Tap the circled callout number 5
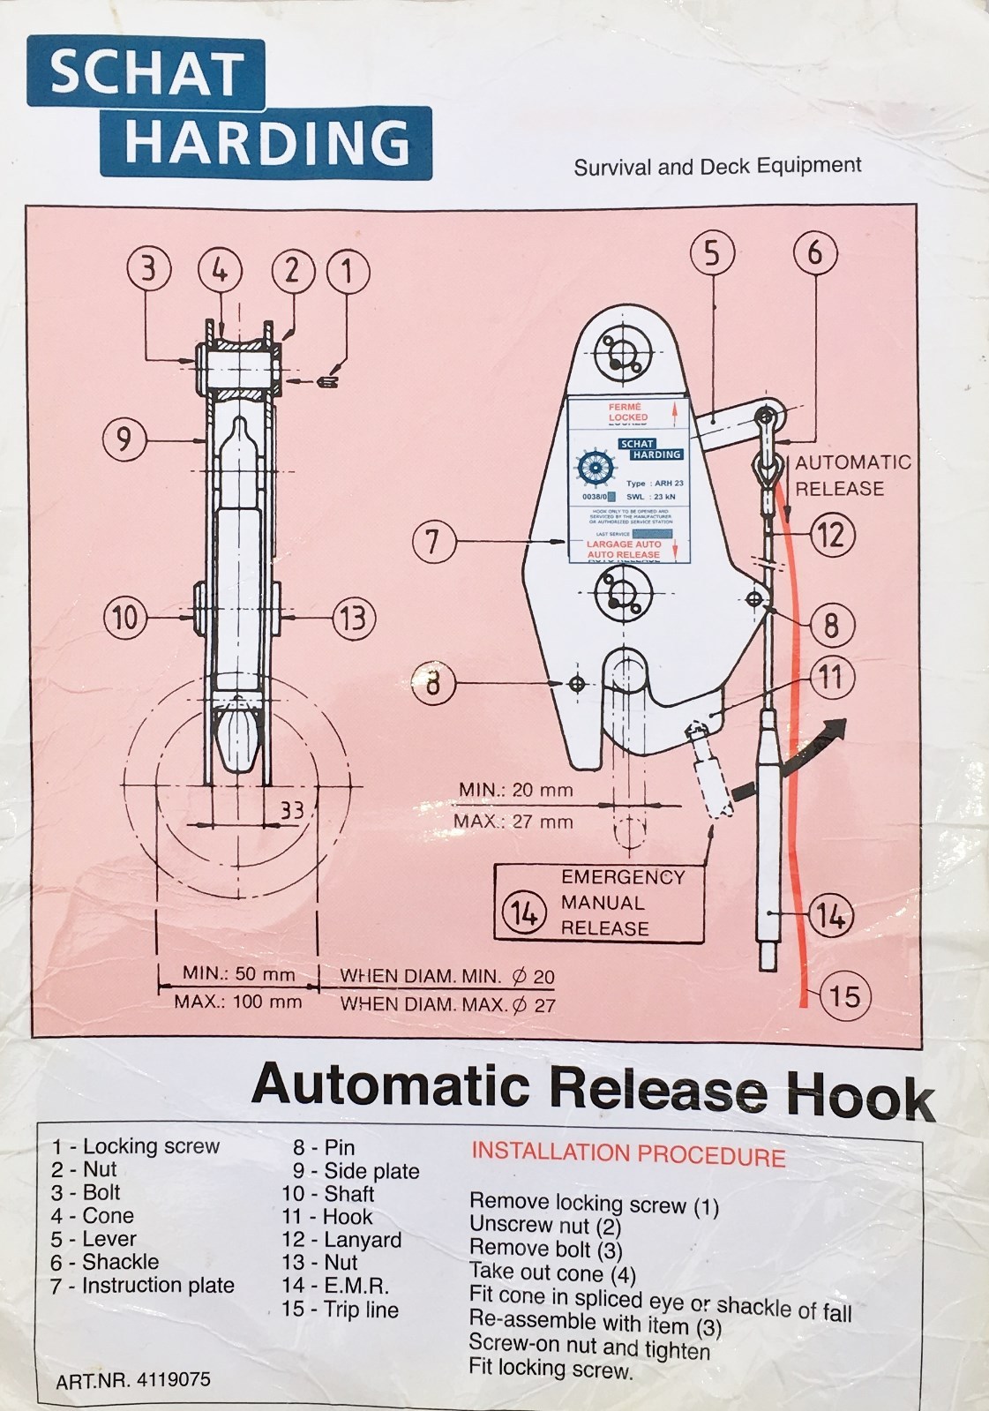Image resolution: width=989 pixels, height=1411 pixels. pyautogui.click(x=711, y=254)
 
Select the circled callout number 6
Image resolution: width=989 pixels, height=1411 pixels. pyautogui.click(x=814, y=252)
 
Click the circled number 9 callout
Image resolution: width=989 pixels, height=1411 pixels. pyautogui.click(x=125, y=439)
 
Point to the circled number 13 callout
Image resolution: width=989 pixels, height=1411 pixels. pyautogui.click(x=352, y=617)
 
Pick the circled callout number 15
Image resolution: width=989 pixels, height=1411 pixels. pyautogui.click(x=844, y=996)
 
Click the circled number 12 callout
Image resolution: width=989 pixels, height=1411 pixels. pyautogui.click(x=830, y=535)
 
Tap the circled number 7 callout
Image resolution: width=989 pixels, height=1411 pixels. pyautogui.click(x=433, y=540)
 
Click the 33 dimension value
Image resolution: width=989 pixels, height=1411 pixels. pyautogui.click(x=291, y=809)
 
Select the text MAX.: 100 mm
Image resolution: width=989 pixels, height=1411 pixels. pyautogui.click(x=237, y=1002)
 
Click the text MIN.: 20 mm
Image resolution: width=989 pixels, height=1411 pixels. pyautogui.click(x=515, y=790)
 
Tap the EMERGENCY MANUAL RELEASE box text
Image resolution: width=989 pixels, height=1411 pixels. pyautogui.click(x=622, y=903)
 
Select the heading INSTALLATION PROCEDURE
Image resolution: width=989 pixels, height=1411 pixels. pyautogui.click(x=627, y=1154)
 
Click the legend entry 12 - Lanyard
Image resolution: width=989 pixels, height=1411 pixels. pyautogui.click(x=341, y=1240)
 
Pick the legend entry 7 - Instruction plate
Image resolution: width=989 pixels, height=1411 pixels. pyautogui.click(x=143, y=1286)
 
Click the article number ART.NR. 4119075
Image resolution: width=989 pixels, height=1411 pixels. pyautogui.click(x=133, y=1380)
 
